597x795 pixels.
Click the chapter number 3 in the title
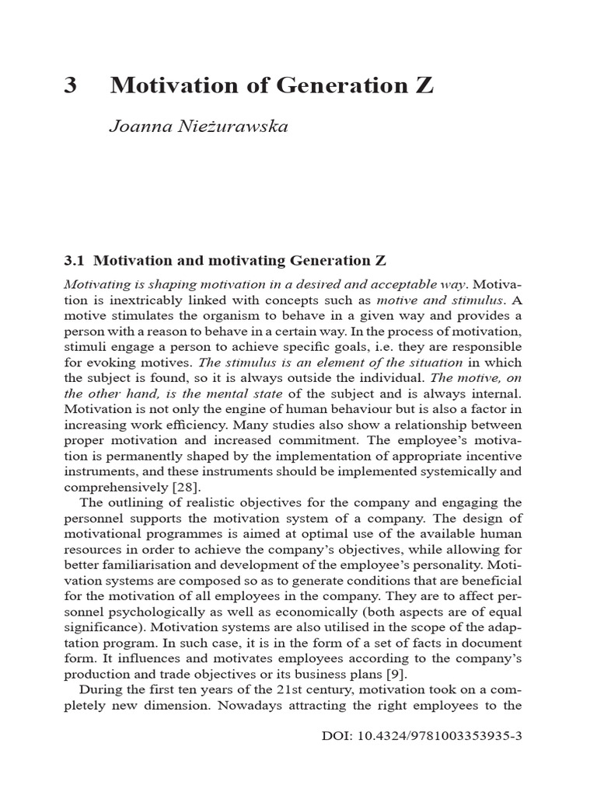71,85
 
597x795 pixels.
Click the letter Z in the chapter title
424,85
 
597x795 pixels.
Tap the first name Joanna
137,127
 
